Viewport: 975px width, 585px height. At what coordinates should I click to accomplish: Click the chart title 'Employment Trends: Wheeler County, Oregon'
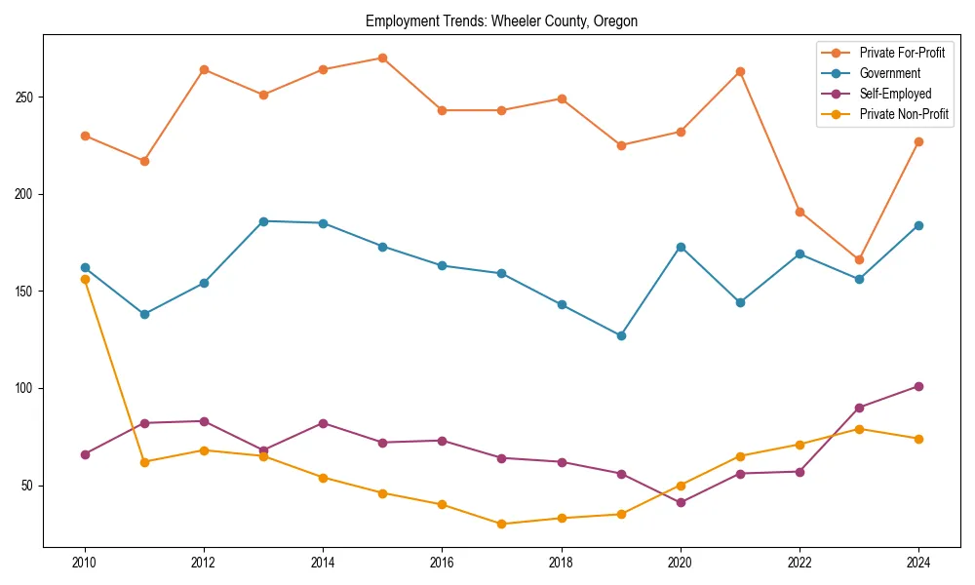(x=501, y=21)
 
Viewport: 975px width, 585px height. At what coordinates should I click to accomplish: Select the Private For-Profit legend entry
(x=902, y=53)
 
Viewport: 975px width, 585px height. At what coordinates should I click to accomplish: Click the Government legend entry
(x=889, y=73)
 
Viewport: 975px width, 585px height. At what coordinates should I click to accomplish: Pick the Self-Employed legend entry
(x=895, y=95)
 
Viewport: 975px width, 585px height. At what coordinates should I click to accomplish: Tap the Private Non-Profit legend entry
(x=904, y=115)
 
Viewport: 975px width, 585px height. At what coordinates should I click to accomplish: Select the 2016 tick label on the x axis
(x=442, y=563)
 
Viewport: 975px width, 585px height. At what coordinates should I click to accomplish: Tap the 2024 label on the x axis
(x=917, y=563)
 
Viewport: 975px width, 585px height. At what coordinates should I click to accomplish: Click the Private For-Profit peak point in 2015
(x=382, y=58)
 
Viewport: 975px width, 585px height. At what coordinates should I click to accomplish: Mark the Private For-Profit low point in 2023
(x=859, y=259)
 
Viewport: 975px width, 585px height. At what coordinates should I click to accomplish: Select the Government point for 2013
(x=263, y=221)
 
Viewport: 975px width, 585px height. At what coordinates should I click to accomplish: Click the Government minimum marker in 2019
(x=621, y=335)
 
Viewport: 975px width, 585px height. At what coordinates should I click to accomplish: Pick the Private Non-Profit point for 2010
(x=85, y=279)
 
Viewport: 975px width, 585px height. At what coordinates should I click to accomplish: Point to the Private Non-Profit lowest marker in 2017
(x=501, y=524)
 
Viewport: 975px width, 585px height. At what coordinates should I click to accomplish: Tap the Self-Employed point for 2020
(x=681, y=503)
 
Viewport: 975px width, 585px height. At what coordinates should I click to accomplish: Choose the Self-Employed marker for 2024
(x=918, y=386)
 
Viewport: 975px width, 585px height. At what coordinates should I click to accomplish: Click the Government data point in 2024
(x=918, y=225)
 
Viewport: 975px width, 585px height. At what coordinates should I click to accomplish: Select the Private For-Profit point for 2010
(x=85, y=136)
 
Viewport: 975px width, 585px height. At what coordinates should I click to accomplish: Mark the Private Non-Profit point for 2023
(x=859, y=429)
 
